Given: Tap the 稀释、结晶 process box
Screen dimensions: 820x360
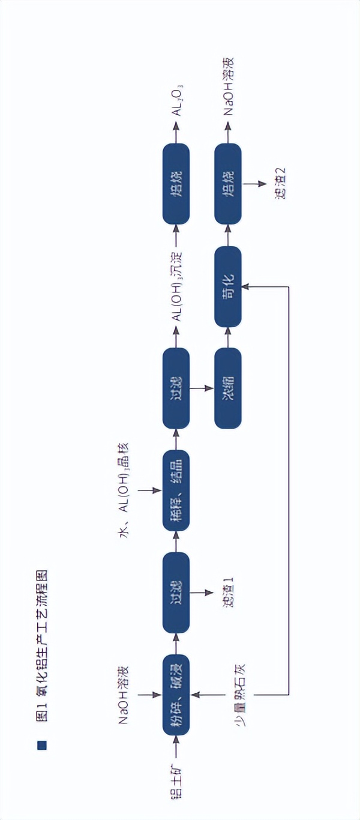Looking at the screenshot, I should click(176, 490).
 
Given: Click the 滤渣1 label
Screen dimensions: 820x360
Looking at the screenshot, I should click(228, 592).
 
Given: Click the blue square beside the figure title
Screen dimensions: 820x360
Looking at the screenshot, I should click(42, 745).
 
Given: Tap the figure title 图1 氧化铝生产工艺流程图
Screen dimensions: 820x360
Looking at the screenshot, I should click(42, 644).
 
